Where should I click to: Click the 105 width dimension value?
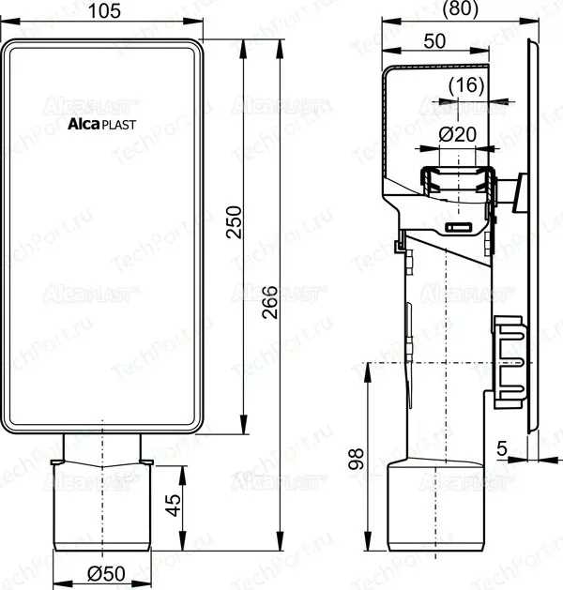[104, 10]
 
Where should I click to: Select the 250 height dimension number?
[234, 221]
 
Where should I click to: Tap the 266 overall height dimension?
[270, 302]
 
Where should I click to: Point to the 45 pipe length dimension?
[173, 505]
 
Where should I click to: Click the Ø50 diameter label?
[107, 574]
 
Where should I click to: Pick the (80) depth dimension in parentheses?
[461, 8]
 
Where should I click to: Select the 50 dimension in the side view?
[434, 41]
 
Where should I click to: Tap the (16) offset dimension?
[466, 85]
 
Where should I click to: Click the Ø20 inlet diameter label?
[458, 134]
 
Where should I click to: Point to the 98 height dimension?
[356, 459]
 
